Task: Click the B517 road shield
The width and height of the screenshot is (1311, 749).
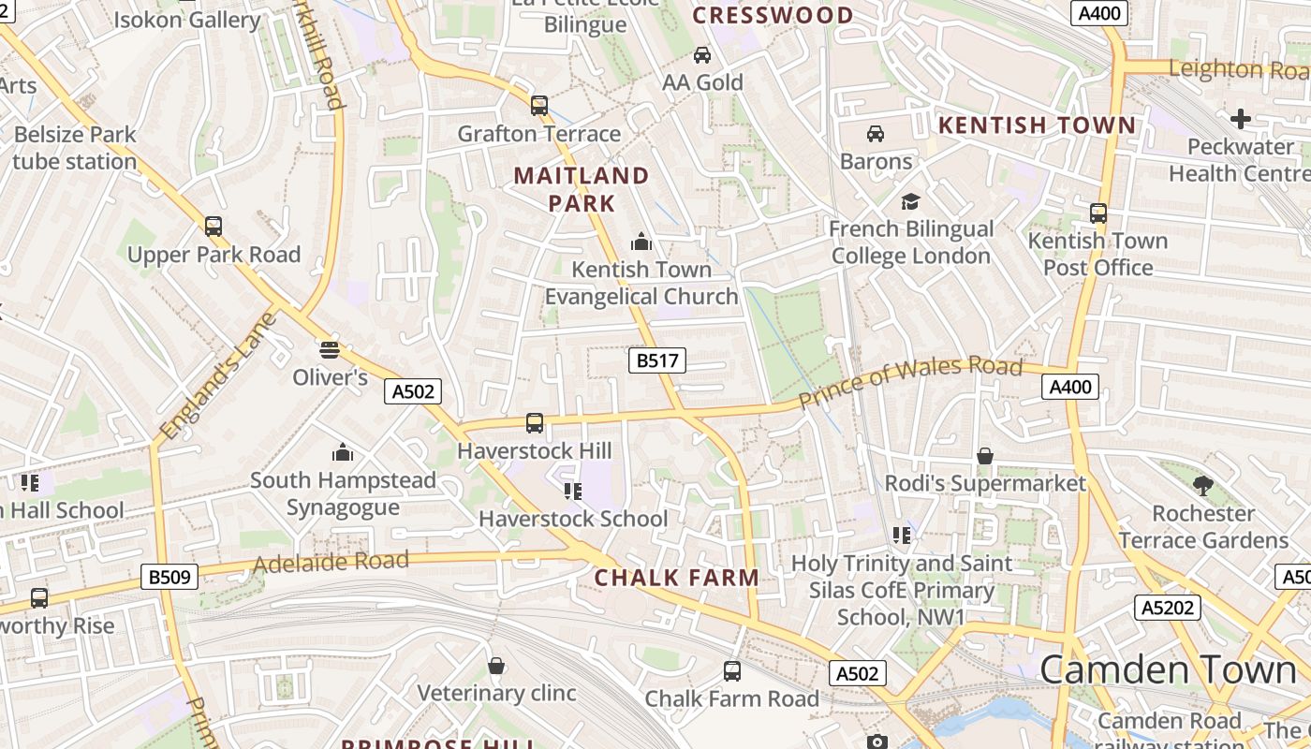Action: (656, 360)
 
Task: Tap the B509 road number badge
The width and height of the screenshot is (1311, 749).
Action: (169, 577)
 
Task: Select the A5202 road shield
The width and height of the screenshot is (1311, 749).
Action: (1168, 608)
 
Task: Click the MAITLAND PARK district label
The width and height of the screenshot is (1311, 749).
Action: (582, 189)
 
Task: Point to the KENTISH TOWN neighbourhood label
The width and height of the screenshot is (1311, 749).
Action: (1036, 125)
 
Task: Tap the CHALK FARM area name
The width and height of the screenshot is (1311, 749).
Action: (677, 578)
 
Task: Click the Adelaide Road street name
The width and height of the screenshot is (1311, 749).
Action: (331, 563)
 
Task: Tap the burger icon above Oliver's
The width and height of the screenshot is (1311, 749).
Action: (329, 350)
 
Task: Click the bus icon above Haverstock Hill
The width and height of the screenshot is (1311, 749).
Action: (535, 423)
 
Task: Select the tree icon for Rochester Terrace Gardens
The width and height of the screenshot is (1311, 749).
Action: (1203, 485)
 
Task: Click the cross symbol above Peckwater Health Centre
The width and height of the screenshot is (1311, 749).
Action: (1241, 119)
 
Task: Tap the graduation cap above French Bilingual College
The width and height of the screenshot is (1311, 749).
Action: (910, 201)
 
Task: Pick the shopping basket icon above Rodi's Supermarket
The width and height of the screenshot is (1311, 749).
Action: (985, 456)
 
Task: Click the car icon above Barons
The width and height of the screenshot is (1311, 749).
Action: (876, 134)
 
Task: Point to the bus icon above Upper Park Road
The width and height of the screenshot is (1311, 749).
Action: (214, 227)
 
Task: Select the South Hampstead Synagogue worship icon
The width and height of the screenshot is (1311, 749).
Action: (343, 453)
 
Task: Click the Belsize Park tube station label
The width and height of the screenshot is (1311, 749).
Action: (75, 148)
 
